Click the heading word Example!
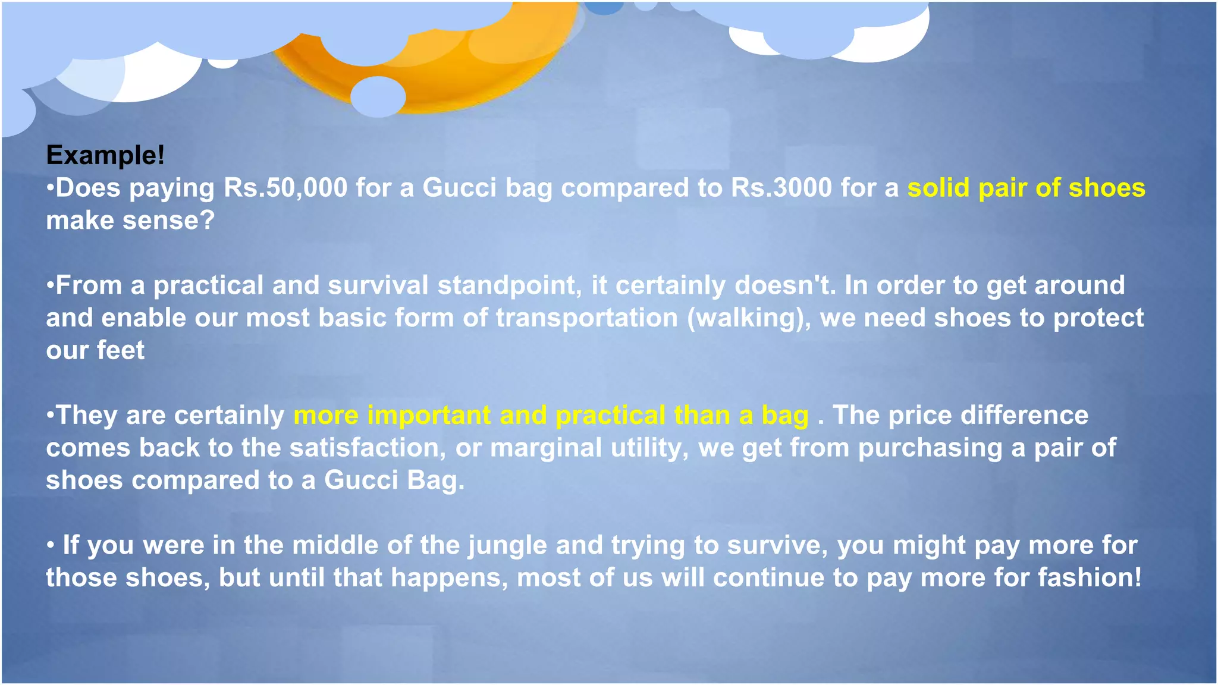click(105, 155)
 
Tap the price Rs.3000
click(781, 188)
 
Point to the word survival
click(378, 285)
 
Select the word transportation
click(587, 318)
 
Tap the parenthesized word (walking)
click(749, 318)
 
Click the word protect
click(1098, 318)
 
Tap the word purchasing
click(930, 448)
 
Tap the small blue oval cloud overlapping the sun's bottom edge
click(378, 96)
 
